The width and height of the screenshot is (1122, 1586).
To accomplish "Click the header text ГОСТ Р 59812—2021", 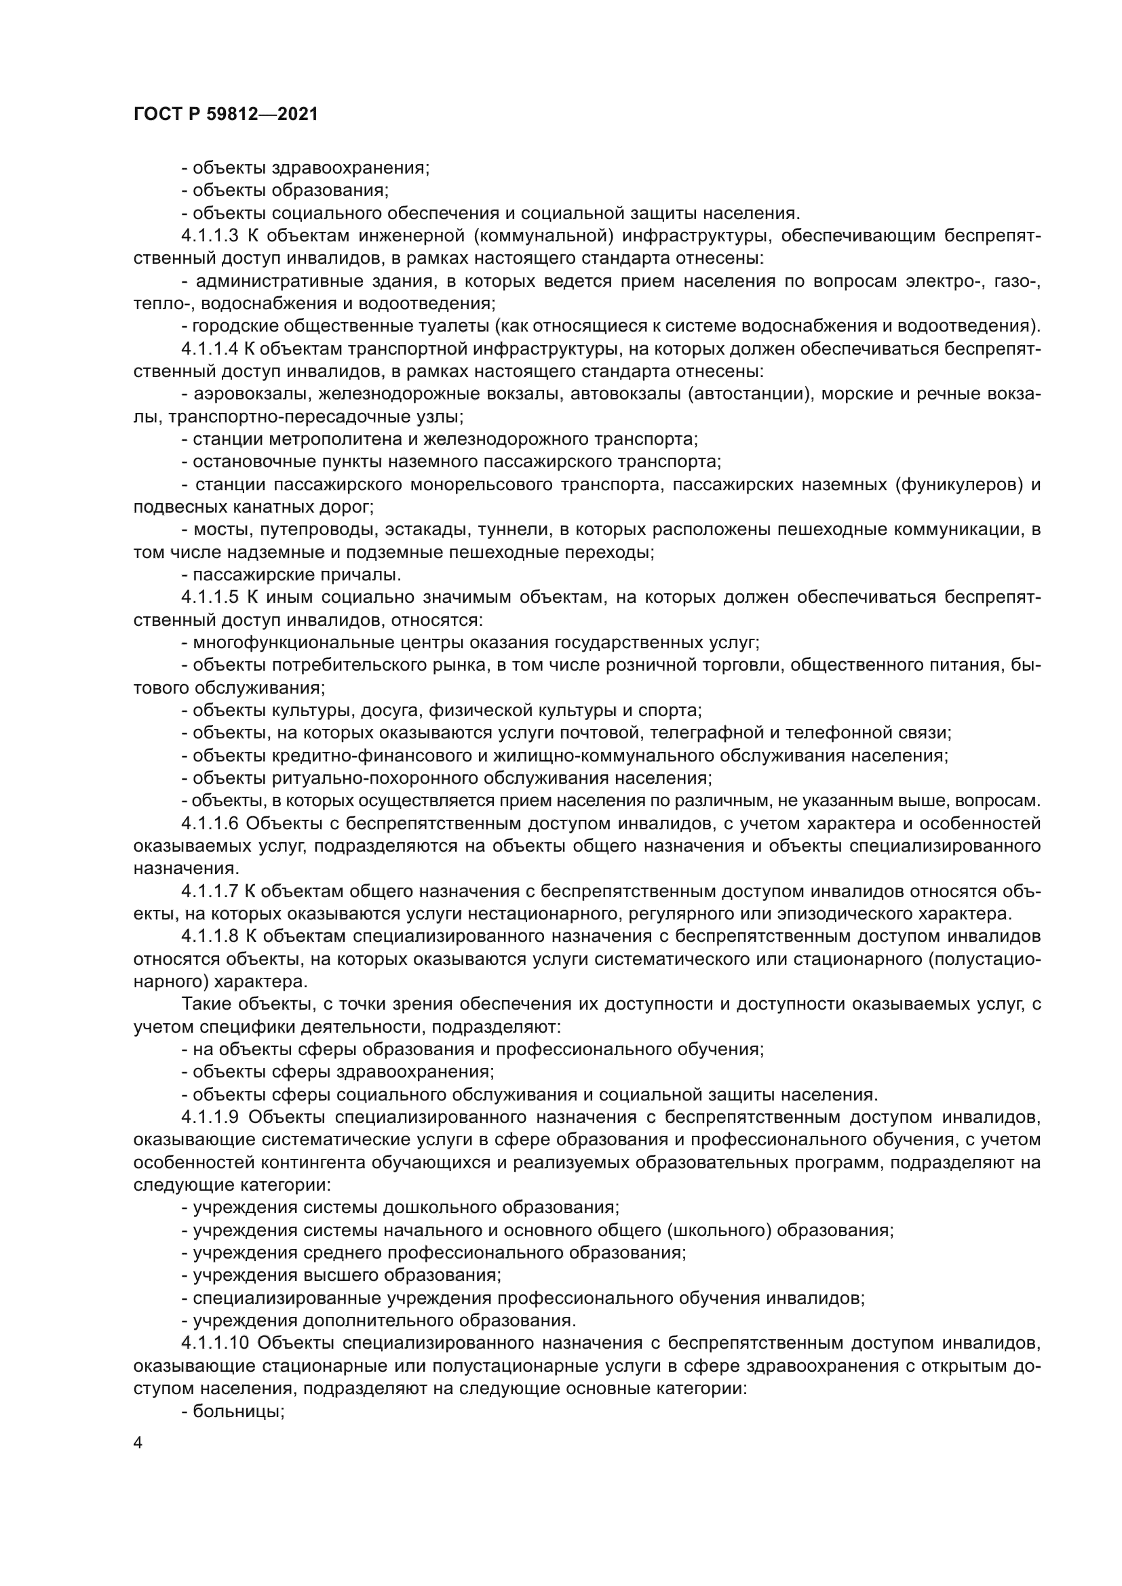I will pyautogui.click(x=226, y=115).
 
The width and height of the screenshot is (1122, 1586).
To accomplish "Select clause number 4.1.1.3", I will pyautogui.click(x=210, y=236).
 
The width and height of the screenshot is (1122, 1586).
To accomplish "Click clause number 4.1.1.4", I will pyautogui.click(x=210, y=349).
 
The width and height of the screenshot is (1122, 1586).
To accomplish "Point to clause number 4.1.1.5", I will pyautogui.click(x=210, y=597).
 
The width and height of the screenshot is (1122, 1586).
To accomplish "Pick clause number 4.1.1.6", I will pyautogui.click(x=210, y=823).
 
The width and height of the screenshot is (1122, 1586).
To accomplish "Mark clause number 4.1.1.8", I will pyautogui.click(x=210, y=936).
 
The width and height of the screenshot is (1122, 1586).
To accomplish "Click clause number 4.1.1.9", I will pyautogui.click(x=210, y=1117).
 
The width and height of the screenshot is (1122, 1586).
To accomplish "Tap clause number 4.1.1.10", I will pyautogui.click(x=215, y=1343).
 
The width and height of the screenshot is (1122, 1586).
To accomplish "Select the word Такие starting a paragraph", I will pyautogui.click(x=204, y=1004).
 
